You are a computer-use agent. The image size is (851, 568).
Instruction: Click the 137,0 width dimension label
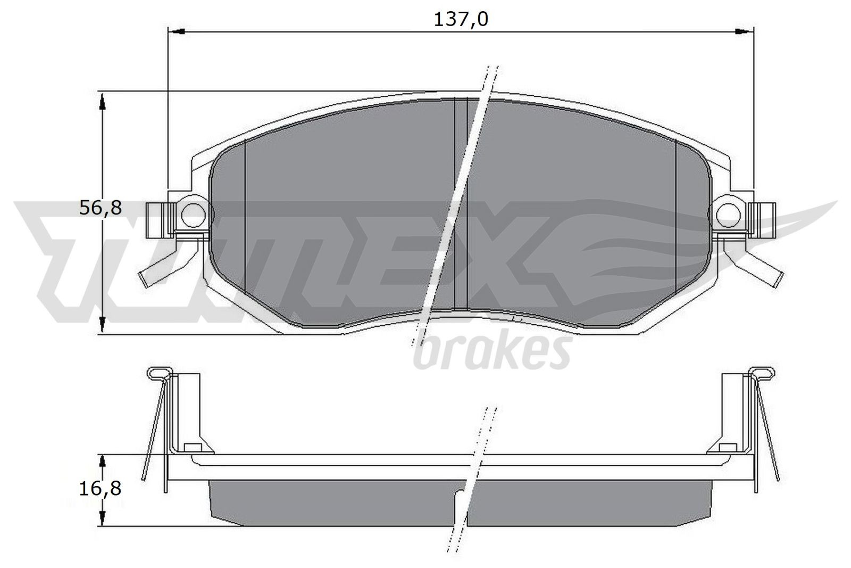461,20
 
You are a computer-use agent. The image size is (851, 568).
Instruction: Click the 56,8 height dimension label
101,208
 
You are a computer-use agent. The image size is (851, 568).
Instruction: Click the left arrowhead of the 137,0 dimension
176,32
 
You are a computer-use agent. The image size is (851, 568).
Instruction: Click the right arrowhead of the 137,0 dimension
746,32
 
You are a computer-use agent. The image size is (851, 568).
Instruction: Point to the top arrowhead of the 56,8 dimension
104,98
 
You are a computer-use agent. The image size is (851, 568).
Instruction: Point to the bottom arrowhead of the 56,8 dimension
104,326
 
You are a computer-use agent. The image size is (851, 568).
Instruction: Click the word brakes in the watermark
492,353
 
